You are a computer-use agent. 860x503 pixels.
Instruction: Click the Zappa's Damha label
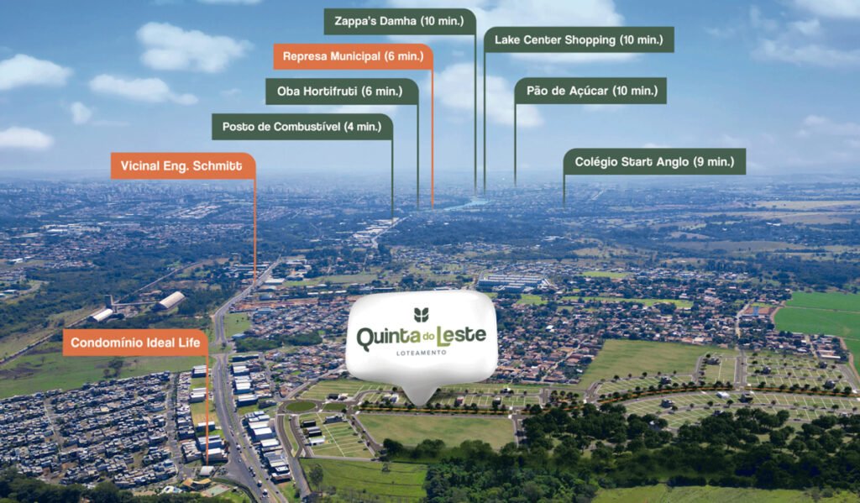click(x=399, y=21)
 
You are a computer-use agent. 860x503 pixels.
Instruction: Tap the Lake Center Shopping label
click(x=579, y=39)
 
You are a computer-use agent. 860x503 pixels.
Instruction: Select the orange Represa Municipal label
click(x=353, y=56)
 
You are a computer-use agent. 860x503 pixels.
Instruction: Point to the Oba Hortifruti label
click(x=342, y=91)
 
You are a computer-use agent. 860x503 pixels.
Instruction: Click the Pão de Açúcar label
click(x=590, y=91)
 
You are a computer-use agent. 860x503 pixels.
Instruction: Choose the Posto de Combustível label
click(x=302, y=127)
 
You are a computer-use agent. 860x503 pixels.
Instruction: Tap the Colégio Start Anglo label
click(x=654, y=161)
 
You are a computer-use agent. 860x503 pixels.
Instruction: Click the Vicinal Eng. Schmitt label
click(x=182, y=165)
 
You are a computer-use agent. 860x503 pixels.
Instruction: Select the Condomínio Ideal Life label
click(x=134, y=343)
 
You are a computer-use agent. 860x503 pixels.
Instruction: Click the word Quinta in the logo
click(x=389, y=338)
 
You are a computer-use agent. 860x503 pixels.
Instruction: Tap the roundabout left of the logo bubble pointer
click(x=301, y=406)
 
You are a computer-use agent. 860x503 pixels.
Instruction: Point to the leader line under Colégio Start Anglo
click(x=564, y=190)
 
